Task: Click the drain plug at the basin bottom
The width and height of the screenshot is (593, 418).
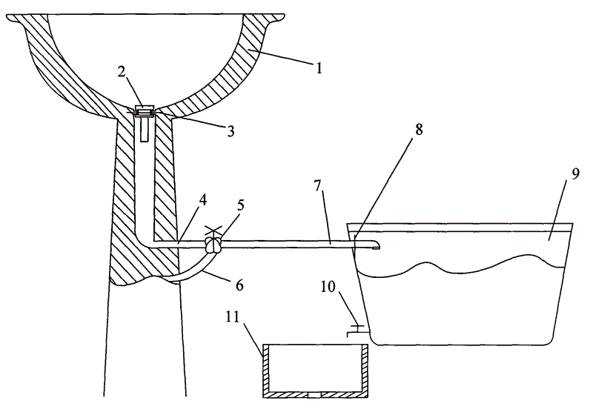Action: [x=145, y=111]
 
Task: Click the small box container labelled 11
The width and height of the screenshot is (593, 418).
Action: [x=315, y=371]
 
